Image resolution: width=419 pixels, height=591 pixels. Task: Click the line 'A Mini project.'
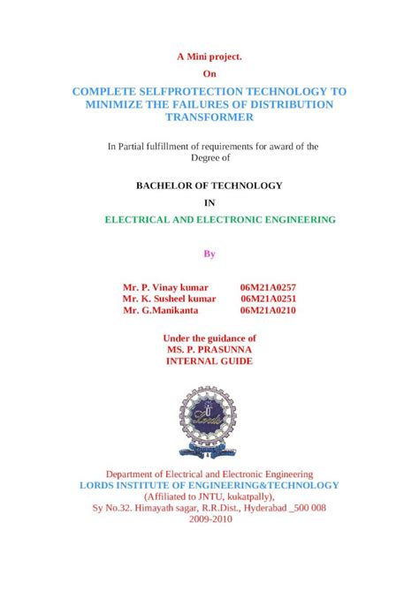[x=209, y=56]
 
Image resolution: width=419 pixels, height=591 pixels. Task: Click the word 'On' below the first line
[x=209, y=73]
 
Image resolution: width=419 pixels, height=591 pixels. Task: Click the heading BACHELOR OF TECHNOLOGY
[x=209, y=186]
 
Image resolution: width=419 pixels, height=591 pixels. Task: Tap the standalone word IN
[x=209, y=201]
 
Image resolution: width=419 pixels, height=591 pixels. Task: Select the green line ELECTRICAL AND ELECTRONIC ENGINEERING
[x=220, y=217]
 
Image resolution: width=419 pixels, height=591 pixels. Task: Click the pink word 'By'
[x=209, y=254]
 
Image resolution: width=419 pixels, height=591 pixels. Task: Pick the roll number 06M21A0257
[x=268, y=287]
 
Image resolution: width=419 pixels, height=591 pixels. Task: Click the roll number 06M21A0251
[x=268, y=299]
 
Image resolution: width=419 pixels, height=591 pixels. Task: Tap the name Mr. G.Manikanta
[x=161, y=310]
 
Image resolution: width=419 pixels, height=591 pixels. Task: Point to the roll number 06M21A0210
[x=268, y=310]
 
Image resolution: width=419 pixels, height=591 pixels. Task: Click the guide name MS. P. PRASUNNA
[x=209, y=349]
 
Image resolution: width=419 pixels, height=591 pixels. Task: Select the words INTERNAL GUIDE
[x=209, y=360]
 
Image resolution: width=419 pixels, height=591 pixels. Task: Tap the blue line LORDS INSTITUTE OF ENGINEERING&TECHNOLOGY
[x=209, y=485]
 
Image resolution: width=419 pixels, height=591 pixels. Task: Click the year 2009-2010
[x=209, y=519]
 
